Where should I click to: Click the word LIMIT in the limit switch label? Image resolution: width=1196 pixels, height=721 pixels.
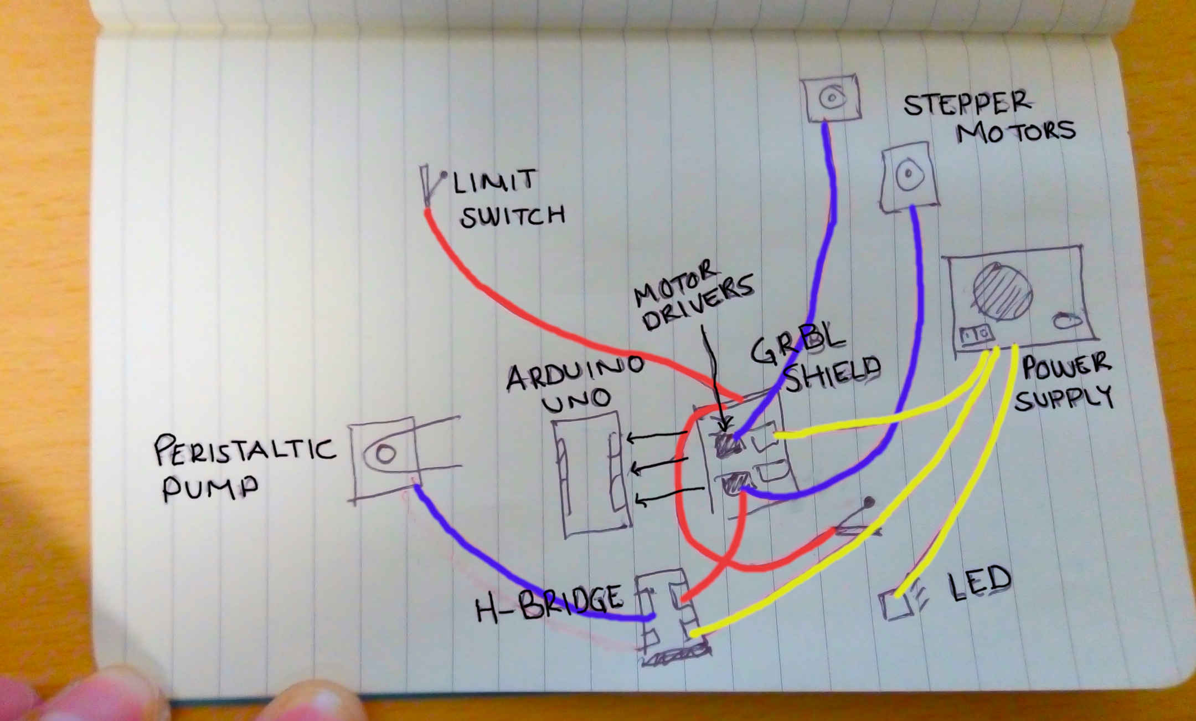[495, 182]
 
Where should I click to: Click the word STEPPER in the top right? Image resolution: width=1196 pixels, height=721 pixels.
[967, 104]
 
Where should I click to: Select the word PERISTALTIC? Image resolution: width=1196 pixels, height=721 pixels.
[245, 450]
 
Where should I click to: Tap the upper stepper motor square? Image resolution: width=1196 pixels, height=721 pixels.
[831, 98]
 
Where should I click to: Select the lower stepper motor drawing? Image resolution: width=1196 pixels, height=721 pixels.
[909, 177]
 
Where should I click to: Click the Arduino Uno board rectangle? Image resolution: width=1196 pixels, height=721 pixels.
[592, 474]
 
